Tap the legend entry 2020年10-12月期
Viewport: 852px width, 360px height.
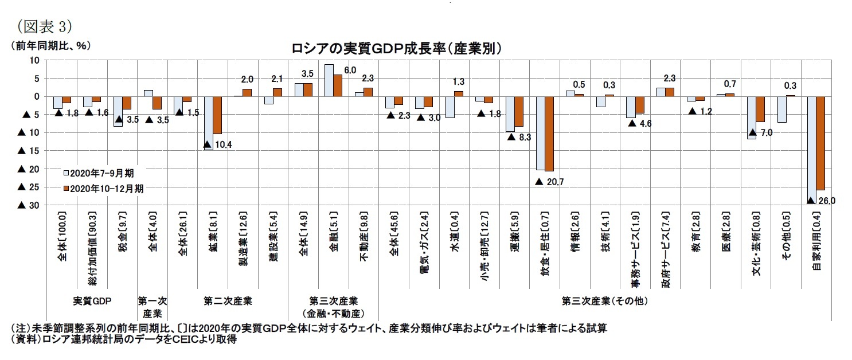[104, 188]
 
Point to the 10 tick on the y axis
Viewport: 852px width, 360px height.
[34, 60]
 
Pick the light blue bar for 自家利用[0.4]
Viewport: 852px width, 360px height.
[811, 149]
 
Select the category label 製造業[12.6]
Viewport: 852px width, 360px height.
[243, 246]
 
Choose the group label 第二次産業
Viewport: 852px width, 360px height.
[228, 300]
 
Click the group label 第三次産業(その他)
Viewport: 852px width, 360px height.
[605, 300]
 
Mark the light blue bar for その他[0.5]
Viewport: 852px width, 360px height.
[781, 109]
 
